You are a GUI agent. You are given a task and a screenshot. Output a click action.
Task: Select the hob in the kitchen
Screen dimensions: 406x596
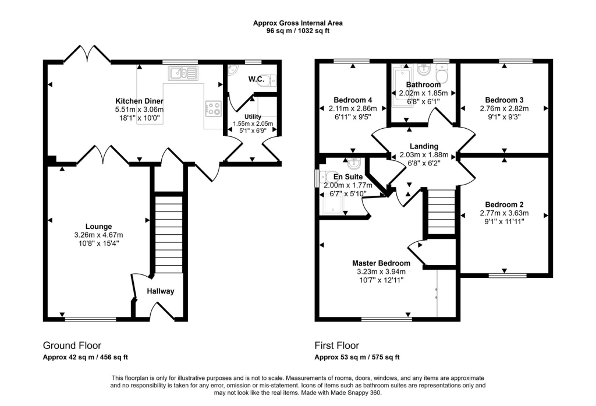[x=213, y=108]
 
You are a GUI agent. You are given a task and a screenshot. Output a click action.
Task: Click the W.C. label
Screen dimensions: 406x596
[x=256, y=79]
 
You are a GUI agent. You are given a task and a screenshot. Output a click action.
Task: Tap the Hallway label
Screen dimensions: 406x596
[x=160, y=291]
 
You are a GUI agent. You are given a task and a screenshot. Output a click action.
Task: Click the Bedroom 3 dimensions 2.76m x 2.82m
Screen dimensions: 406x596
[x=504, y=108]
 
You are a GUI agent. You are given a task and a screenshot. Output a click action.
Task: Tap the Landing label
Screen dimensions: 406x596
[x=423, y=146]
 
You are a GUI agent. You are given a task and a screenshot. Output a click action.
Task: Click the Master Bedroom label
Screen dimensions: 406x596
[x=381, y=263]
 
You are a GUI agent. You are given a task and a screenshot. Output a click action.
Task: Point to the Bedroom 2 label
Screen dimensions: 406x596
[x=504, y=204]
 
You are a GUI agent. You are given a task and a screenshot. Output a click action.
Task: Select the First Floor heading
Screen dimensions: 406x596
[x=337, y=345]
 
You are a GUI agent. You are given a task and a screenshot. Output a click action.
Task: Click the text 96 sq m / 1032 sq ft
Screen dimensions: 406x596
[x=297, y=30]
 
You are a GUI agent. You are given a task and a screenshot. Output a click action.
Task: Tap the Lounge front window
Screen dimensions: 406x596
[x=90, y=319]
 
